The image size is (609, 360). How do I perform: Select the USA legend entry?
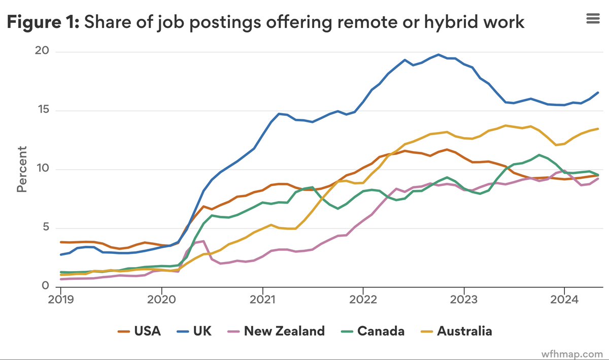coord(139,332)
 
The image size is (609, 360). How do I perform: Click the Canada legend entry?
coord(373,332)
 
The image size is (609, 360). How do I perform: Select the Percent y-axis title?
coord(21,169)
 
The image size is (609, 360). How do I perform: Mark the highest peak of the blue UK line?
coord(438,54)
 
